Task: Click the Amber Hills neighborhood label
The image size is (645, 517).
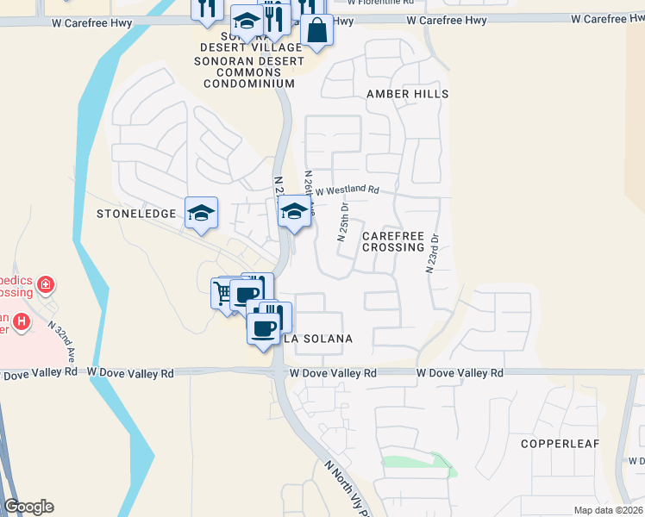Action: [408, 93]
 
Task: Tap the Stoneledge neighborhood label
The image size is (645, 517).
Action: [136, 213]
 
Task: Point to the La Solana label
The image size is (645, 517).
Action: [318, 339]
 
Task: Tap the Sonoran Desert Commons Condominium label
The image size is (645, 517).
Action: [249, 72]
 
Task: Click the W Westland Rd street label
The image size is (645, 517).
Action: [347, 190]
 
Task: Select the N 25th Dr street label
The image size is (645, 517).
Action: [343, 223]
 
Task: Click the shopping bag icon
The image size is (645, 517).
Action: [317, 31]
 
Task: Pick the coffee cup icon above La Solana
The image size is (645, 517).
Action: [264, 327]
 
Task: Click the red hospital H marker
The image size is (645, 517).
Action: [22, 323]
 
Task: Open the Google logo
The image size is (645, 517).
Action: [28, 507]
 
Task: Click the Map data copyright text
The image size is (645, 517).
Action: [607, 510]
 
